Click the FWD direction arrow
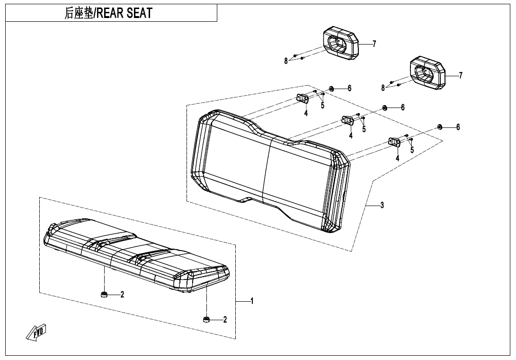(x=36, y=332)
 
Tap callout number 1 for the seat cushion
(x=252, y=301)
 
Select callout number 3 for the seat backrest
(x=382, y=205)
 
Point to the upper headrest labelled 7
(x=340, y=45)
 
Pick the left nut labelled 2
(x=104, y=294)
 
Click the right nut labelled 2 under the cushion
(x=206, y=319)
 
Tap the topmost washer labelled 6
(x=331, y=89)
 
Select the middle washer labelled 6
(x=384, y=108)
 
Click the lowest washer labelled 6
(x=439, y=127)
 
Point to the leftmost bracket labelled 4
(x=302, y=98)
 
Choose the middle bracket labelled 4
(x=347, y=120)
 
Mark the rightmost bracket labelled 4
(x=394, y=142)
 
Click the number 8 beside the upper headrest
(x=286, y=61)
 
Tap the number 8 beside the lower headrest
(x=383, y=88)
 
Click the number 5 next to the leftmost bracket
(x=322, y=106)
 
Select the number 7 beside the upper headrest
(x=374, y=44)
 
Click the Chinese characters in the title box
(x=79, y=13)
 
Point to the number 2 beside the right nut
(x=225, y=319)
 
